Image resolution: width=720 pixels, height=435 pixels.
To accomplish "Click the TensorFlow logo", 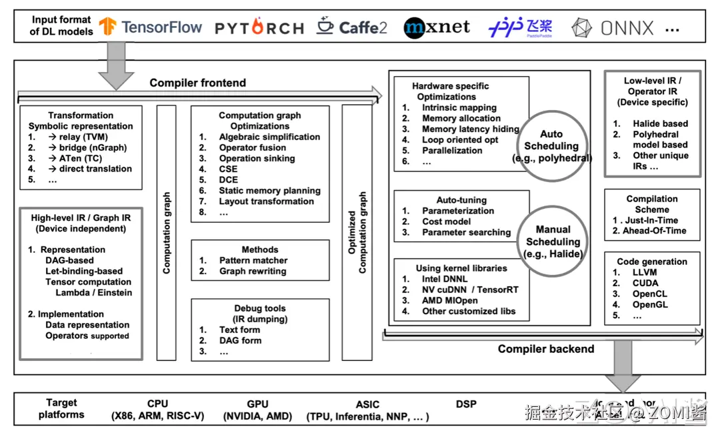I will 151,27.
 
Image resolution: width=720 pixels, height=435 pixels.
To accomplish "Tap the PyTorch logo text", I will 259,28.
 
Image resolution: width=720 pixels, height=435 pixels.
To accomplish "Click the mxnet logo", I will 437,27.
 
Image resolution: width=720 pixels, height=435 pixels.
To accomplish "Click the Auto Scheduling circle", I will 551,146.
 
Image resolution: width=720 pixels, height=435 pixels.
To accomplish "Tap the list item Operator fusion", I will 252,147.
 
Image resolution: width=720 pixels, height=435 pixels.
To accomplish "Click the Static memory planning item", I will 269,190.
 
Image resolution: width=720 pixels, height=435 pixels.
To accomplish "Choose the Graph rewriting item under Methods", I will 252,271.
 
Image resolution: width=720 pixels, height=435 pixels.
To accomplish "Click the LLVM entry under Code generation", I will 644,272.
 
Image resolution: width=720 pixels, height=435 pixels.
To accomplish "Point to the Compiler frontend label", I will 197,83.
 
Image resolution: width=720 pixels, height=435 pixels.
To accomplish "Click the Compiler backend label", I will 545,348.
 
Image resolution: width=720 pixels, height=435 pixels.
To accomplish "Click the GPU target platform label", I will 257,404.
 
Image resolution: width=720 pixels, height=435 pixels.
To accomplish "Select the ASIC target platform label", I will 367,404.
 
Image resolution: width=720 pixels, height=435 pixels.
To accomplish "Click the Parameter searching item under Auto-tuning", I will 466,232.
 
